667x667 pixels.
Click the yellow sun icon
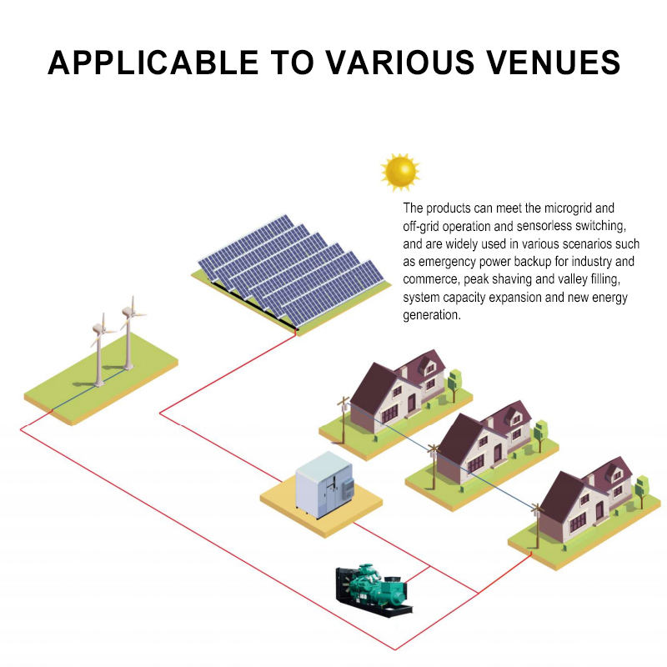[x=400, y=171]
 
